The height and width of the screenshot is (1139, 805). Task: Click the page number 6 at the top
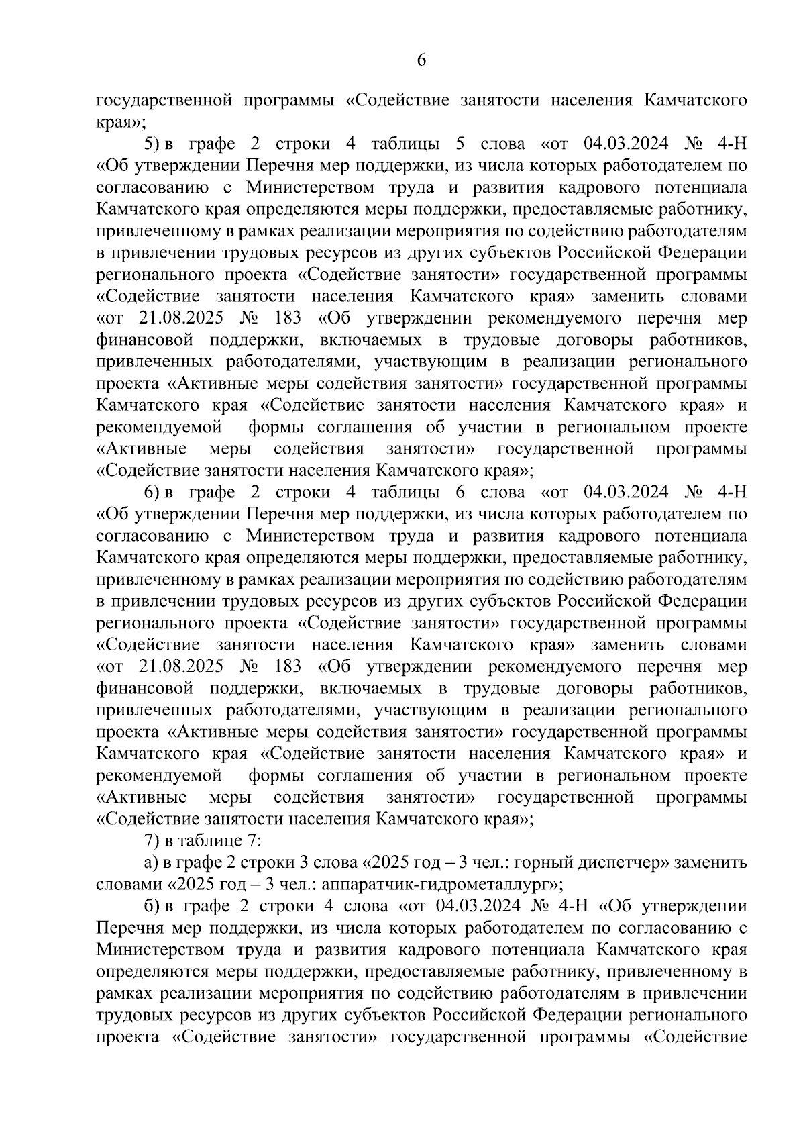pyautogui.click(x=421, y=60)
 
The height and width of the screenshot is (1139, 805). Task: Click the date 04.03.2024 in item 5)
pyautogui.click(x=626, y=144)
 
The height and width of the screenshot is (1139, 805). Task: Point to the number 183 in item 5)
pyautogui.click(x=288, y=318)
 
